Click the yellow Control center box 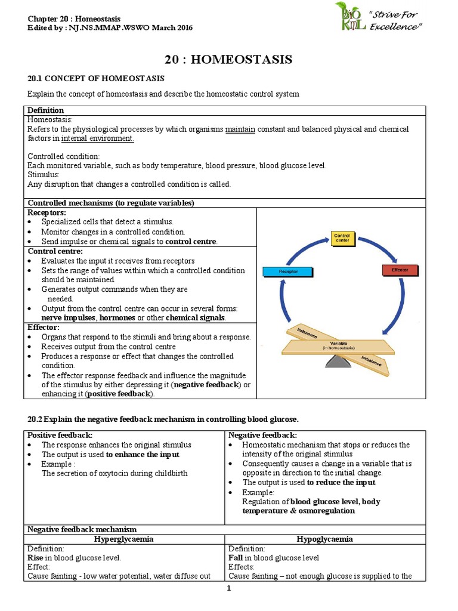tap(342, 239)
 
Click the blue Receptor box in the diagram tap(288, 271)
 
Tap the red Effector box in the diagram tap(400, 270)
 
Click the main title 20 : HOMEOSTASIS tap(228, 59)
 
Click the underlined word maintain tap(240, 129)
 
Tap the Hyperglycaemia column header tap(125, 539)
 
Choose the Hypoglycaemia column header tap(325, 539)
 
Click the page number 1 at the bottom tap(228, 589)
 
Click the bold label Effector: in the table tap(44, 327)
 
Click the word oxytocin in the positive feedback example tap(110, 473)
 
